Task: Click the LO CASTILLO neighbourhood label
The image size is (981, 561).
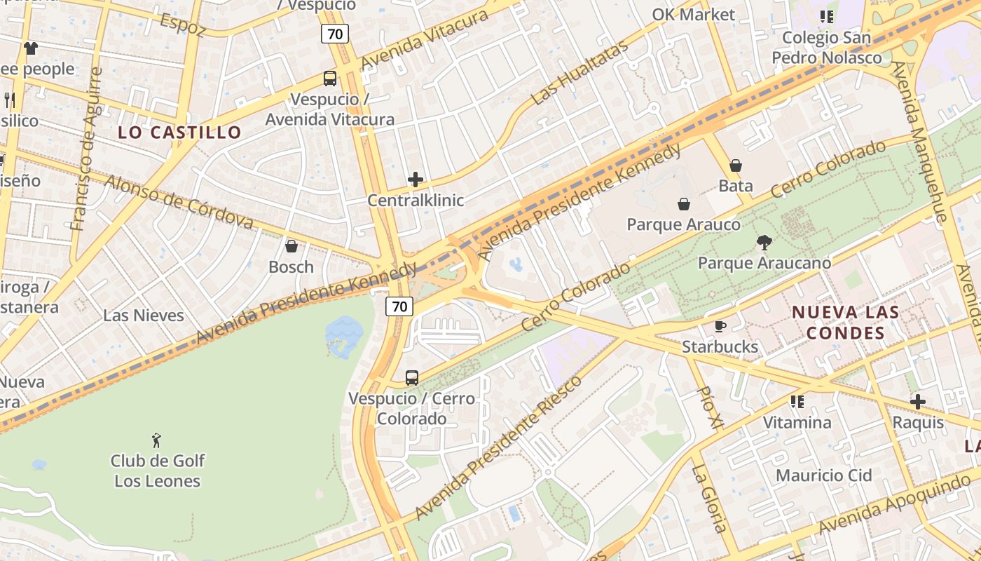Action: click(x=179, y=132)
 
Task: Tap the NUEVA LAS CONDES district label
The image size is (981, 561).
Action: click(x=845, y=322)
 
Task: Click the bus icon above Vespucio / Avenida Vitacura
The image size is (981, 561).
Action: click(x=329, y=79)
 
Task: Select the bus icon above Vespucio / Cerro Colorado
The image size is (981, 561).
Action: click(x=412, y=378)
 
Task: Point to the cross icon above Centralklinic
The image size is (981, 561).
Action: click(x=416, y=180)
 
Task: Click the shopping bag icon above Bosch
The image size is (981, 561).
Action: click(x=291, y=246)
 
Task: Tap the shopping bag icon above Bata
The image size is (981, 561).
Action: click(x=736, y=165)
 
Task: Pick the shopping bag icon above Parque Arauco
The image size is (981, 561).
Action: click(x=683, y=204)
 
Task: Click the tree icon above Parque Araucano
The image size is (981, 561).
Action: click(x=764, y=243)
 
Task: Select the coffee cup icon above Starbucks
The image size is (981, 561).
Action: click(x=720, y=326)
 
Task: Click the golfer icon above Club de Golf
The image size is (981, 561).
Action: click(x=157, y=440)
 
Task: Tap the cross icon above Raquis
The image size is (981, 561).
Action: click(x=917, y=402)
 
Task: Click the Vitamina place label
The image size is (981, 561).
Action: click(x=797, y=422)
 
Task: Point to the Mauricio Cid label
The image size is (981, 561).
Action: click(x=823, y=475)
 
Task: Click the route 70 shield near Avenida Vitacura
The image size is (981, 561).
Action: click(x=335, y=33)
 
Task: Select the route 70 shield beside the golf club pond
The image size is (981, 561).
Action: click(x=399, y=306)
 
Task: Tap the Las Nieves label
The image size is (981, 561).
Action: click(x=144, y=315)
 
